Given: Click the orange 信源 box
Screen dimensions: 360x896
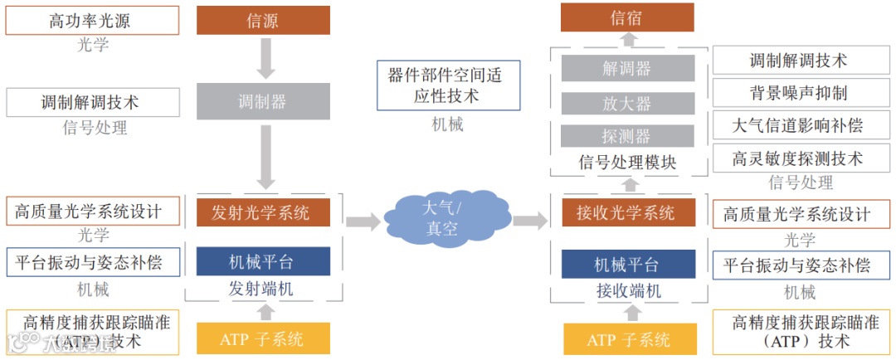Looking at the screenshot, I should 263,21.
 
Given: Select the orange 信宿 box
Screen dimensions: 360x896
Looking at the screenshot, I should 628,17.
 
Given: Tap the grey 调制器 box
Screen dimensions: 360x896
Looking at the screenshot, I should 263,101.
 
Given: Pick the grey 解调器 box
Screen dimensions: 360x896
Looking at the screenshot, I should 627,68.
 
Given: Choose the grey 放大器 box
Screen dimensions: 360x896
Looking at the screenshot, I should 627,103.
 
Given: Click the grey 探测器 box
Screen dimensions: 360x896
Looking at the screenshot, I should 627,136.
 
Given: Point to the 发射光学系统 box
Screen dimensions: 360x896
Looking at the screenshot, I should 263,212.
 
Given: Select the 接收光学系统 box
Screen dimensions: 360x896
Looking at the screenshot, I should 627,212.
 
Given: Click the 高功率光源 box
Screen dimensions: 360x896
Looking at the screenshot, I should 92,21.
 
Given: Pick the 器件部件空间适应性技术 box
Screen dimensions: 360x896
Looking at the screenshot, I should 448,85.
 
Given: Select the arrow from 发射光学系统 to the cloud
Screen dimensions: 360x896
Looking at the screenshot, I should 363,221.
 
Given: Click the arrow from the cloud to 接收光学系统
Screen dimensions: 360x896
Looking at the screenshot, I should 529,221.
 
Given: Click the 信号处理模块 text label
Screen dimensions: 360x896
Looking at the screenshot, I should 627,162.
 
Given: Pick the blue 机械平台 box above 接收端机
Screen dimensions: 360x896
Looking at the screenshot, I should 627,265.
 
